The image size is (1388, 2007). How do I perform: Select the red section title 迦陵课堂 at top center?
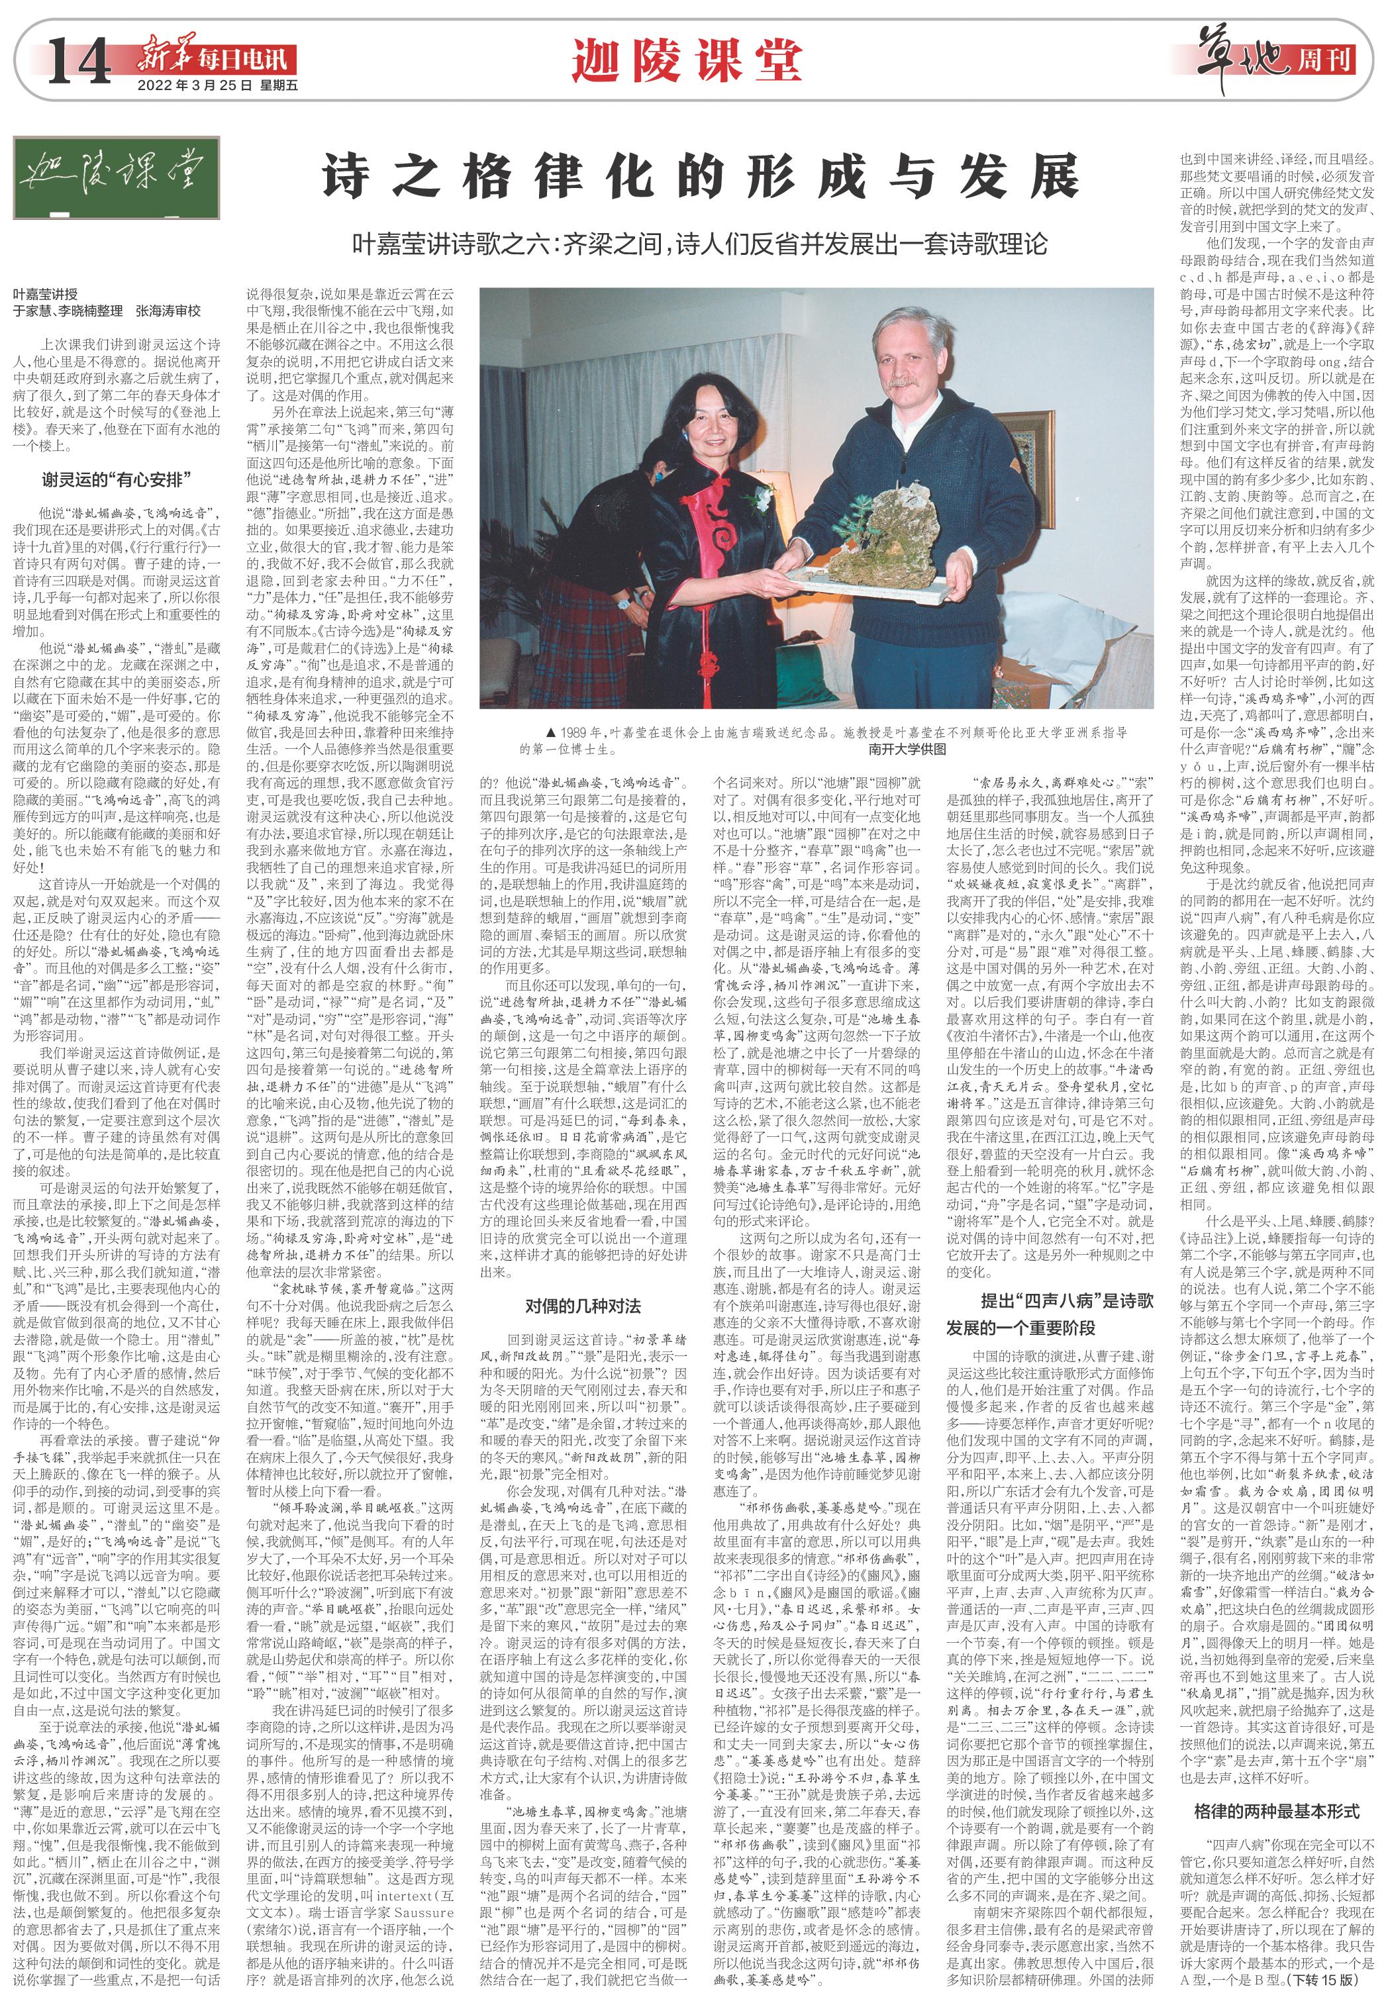click(687, 61)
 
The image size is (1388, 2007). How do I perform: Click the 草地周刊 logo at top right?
click(1275, 59)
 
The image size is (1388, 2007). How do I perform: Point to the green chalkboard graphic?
click(116, 177)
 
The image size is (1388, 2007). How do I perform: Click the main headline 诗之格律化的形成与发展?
click(700, 177)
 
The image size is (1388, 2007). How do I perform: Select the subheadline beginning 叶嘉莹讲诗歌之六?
click(700, 244)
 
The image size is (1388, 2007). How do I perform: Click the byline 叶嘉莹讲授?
click(45, 294)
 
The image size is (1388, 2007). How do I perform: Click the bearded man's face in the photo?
click(908, 350)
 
